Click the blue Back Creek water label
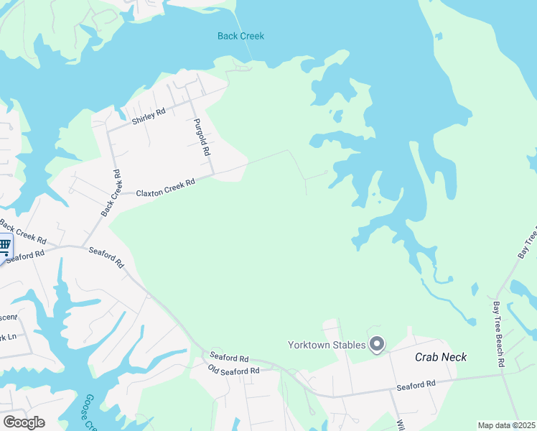tap(241, 36)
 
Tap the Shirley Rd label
tap(149, 116)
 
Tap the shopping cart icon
tap(4, 247)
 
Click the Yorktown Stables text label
tap(327, 345)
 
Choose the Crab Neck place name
tap(441, 357)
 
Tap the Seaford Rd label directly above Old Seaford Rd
tap(229, 357)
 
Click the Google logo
tap(24, 422)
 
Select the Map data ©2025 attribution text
tap(506, 425)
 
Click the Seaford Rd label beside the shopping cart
tap(26, 255)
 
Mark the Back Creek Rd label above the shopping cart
tap(23, 231)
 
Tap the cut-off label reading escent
tap(8, 316)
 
